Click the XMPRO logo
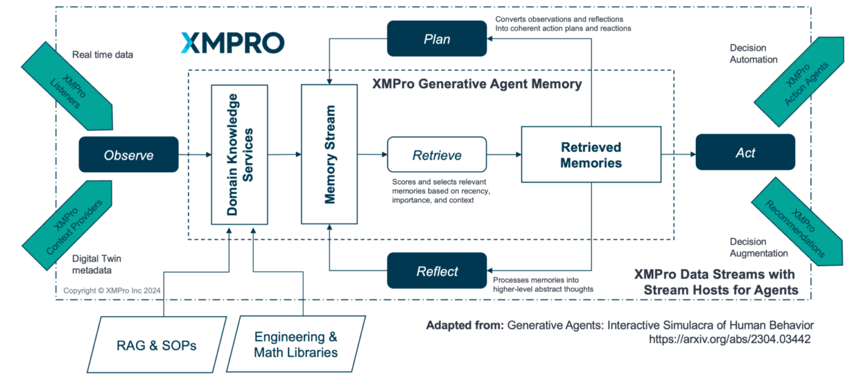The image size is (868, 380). (232, 43)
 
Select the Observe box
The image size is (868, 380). (129, 155)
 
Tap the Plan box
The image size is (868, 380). (437, 38)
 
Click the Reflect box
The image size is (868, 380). (437, 271)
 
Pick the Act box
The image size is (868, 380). (745, 152)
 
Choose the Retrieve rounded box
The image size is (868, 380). (437, 155)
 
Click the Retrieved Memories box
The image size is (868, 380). (591, 155)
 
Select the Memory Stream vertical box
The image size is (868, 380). (329, 154)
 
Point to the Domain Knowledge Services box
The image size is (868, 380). (239, 154)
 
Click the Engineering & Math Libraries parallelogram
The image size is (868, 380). (296, 344)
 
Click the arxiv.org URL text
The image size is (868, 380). (730, 340)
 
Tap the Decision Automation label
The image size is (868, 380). (753, 54)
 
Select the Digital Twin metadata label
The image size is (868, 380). (97, 264)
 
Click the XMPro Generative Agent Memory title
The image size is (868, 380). (476, 85)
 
